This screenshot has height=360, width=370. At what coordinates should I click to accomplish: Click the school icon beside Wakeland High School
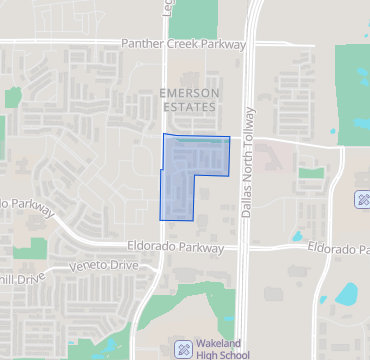coord(183,350)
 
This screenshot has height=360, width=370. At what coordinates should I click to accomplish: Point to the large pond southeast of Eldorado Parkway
coord(347,294)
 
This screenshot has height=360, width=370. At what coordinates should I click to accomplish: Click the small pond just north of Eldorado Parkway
coord(297,236)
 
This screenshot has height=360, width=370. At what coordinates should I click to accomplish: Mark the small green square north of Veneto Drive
coord(34,248)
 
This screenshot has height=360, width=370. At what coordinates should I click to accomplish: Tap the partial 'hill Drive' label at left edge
coord(17,280)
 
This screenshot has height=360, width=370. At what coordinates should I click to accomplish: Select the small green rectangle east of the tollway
coord(311,173)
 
